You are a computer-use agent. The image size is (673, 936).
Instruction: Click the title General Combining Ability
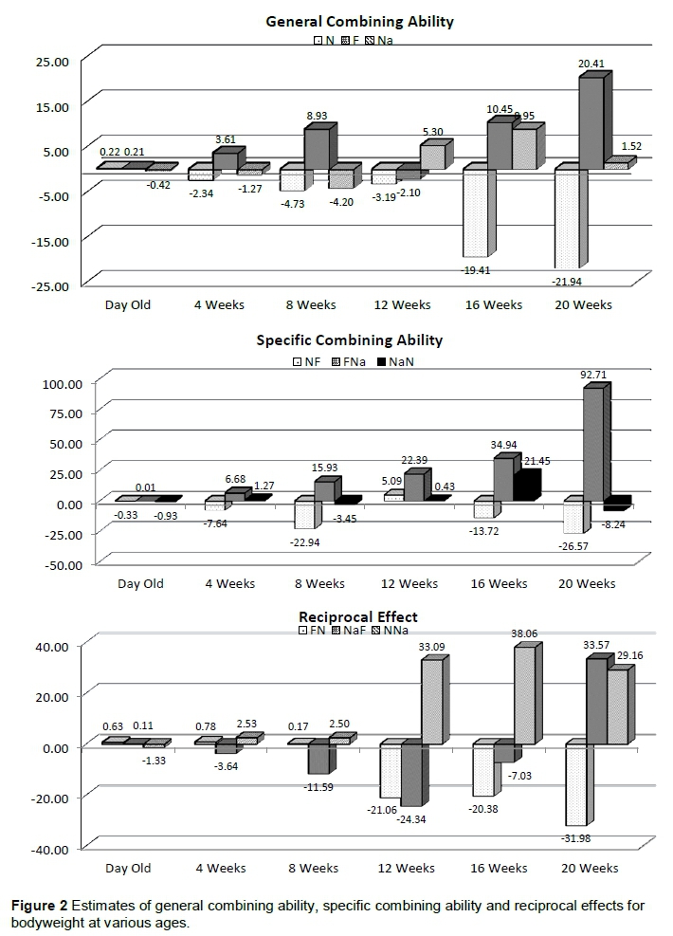[360, 21]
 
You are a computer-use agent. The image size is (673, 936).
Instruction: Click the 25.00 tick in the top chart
[52, 62]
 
